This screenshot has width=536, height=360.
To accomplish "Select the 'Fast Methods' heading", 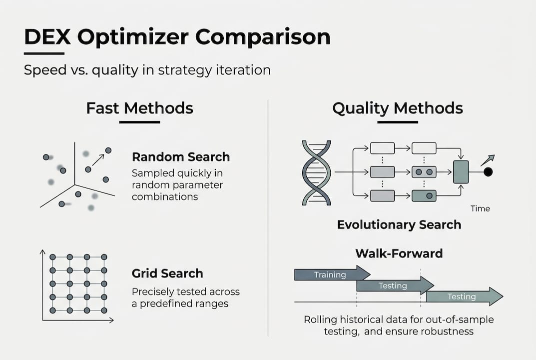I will (x=139, y=108).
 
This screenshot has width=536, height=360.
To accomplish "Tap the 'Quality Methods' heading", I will (x=398, y=108).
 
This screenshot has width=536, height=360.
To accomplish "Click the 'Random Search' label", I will (x=181, y=157).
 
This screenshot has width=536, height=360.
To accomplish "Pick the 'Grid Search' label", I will (x=167, y=273).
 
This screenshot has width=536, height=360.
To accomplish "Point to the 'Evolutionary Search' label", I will (x=399, y=224).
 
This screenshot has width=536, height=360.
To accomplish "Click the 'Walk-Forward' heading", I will (x=399, y=253).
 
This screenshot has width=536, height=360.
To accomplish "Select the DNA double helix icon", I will (x=316, y=172).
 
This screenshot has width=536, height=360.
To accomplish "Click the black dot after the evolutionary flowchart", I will (x=488, y=172).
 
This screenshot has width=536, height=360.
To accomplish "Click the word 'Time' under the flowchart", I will (x=480, y=208).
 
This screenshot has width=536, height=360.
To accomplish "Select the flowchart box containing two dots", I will (x=424, y=172).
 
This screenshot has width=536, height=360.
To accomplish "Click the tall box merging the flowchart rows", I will (x=461, y=172).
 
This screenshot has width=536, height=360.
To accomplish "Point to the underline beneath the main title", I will (x=44, y=53).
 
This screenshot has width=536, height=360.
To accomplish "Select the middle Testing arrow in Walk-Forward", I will (x=394, y=285).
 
